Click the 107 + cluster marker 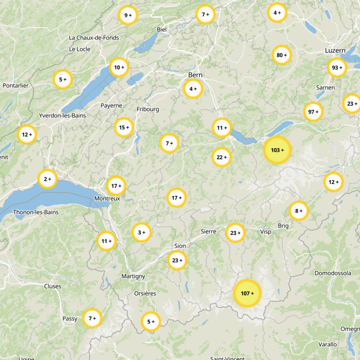(x=247, y=293)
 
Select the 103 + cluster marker (x=277, y=150)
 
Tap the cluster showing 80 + (x=282, y=55)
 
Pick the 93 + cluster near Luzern (x=337, y=67)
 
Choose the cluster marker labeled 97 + (x=313, y=112)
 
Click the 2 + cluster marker (x=47, y=179)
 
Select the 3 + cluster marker (x=142, y=233)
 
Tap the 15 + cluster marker (x=124, y=127)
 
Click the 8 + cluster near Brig (x=298, y=211)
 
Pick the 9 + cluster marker (x=128, y=15)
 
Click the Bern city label (x=196, y=75)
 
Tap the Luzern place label (x=335, y=50)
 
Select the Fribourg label (x=148, y=109)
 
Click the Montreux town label (x=107, y=198)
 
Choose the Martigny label (x=133, y=276)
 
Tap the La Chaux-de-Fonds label (x=94, y=38)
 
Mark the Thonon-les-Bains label (x=36, y=212)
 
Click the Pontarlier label (x=16, y=85)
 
